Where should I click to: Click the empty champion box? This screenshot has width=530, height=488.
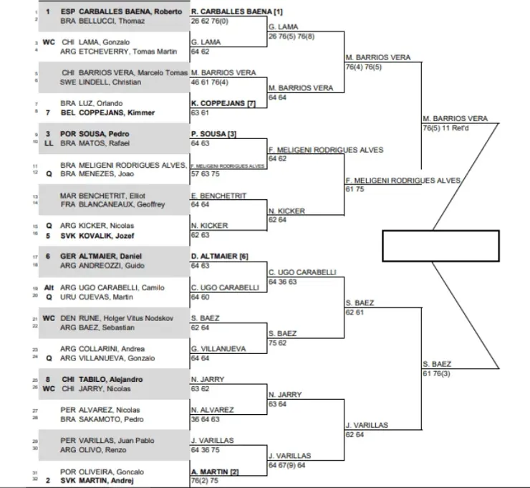click(440, 246)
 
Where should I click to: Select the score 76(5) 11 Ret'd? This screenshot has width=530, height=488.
click(448, 128)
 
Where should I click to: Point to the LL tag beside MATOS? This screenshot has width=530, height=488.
click(48, 143)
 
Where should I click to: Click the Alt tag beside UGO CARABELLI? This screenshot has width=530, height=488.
click(49, 287)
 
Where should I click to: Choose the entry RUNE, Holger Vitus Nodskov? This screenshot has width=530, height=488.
click(125, 318)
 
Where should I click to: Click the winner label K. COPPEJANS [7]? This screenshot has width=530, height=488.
click(223, 103)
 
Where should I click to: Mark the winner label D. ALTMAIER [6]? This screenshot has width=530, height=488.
click(219, 257)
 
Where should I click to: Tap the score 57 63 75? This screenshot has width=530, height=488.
click(206, 174)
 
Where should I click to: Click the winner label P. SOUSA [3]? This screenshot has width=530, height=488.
click(214, 134)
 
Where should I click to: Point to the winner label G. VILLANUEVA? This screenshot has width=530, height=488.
click(219, 349)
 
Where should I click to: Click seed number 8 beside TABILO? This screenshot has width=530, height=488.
click(48, 379)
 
